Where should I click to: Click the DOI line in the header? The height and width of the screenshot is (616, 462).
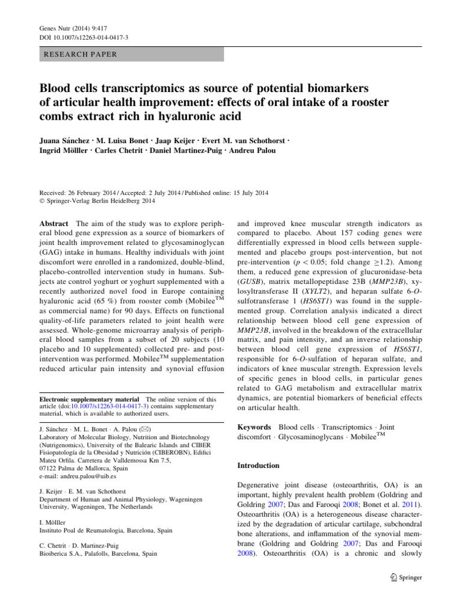(75, 38)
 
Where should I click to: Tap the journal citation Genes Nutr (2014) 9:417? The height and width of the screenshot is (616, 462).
(67, 28)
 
